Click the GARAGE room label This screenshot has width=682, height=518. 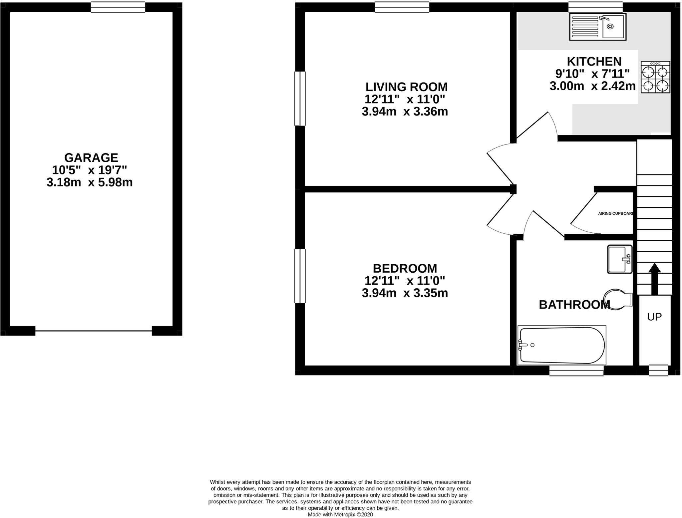[91, 157]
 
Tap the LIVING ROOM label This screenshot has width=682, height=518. [406, 87]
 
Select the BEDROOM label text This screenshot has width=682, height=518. [405, 268]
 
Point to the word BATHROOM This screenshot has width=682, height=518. [574, 305]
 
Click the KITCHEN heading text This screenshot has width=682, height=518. [594, 62]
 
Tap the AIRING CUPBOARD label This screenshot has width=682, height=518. [615, 214]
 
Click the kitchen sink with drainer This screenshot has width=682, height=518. [597, 27]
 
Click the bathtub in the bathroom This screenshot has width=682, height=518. [562, 345]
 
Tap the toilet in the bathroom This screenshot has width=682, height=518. [618, 299]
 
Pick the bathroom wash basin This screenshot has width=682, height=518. [619, 259]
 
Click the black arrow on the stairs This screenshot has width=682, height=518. [654, 278]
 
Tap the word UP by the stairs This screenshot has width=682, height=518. [654, 317]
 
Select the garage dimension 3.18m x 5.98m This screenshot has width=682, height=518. [90, 182]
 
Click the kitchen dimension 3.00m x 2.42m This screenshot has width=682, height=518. [592, 86]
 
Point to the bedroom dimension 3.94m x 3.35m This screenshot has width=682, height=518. [405, 293]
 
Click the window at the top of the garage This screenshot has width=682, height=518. [118, 7]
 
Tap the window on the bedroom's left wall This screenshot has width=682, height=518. [300, 276]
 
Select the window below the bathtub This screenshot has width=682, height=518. [576, 371]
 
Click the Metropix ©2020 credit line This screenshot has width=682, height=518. [340, 514]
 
